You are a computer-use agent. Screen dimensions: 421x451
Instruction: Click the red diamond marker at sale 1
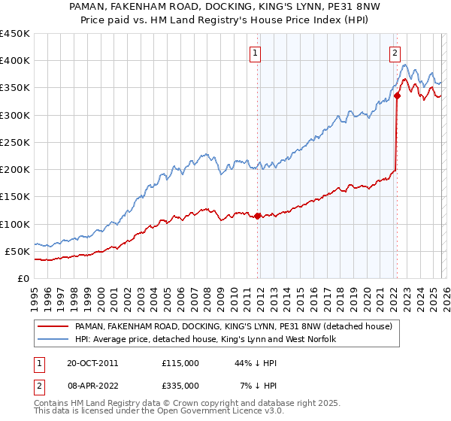257,216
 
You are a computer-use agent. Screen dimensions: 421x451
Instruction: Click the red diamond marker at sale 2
396,95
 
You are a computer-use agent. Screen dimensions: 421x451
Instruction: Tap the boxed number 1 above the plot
256,53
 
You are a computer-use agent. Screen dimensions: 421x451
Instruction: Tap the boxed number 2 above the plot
395,53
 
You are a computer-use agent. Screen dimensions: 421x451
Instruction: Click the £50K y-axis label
17,251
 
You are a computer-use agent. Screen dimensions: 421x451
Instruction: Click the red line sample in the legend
53,327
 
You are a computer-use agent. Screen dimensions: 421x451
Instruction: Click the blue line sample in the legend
53,340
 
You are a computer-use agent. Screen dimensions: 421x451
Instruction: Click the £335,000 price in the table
180,386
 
